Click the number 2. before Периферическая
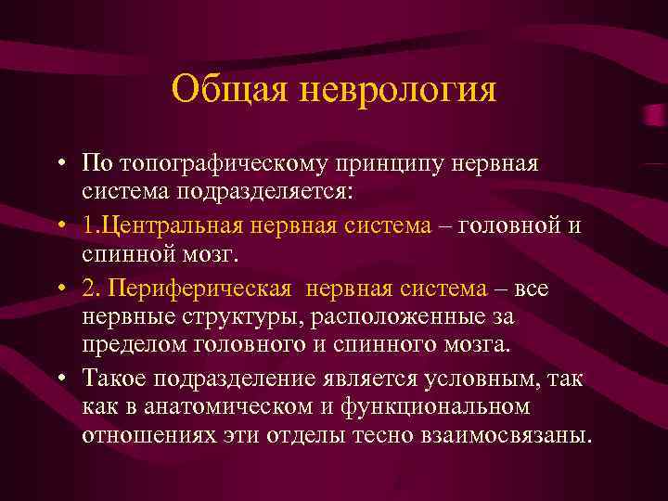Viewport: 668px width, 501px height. pos(90,289)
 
